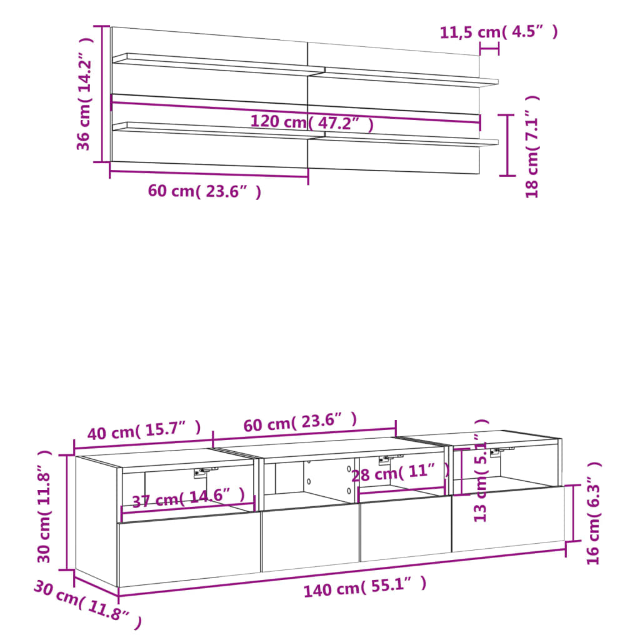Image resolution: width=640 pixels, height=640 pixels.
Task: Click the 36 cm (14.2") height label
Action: [x=84, y=94]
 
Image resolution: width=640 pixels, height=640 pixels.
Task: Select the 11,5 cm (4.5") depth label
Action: [x=498, y=32]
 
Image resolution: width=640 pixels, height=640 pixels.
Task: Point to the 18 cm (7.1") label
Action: [x=532, y=147]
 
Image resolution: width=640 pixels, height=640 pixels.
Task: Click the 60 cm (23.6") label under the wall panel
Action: [x=204, y=191]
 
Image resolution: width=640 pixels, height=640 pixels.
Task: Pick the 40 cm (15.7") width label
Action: [x=144, y=430]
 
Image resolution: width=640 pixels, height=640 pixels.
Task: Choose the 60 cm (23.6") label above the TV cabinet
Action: [x=300, y=422]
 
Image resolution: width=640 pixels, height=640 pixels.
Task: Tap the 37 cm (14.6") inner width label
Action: [x=188, y=497]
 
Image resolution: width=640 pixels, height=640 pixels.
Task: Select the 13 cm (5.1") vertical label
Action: [x=481, y=470]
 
